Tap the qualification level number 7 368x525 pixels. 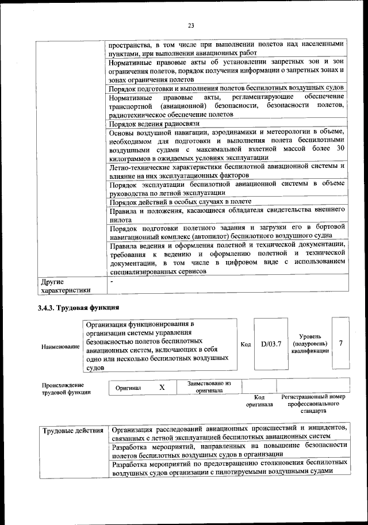tap(341, 343)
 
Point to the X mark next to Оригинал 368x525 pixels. tap(162, 388)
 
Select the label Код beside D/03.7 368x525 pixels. tap(246, 344)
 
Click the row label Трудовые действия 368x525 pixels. tap(72, 431)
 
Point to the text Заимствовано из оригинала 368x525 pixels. tap(209, 386)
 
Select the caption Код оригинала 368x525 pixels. tap(259, 401)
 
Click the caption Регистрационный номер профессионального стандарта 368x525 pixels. tap(313, 404)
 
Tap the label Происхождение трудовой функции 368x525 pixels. tap(63, 389)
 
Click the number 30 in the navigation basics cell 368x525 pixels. tap(339, 148)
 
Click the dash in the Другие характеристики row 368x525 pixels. tap(112, 280)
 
